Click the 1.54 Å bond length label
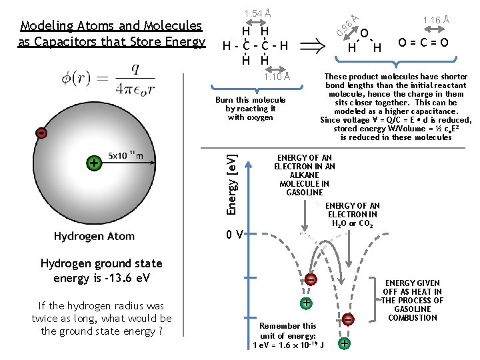(257, 13)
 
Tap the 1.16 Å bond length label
(437, 21)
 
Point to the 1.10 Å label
(276, 76)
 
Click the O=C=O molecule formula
(423, 44)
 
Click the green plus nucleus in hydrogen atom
(95, 163)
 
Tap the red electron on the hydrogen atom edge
(42, 133)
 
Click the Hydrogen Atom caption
(94, 236)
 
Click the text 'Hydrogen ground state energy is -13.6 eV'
(101, 271)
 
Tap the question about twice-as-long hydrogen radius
(101, 319)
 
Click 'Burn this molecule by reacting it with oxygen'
(251, 109)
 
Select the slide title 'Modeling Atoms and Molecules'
(111, 26)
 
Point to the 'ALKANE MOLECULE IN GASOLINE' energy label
(305, 175)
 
